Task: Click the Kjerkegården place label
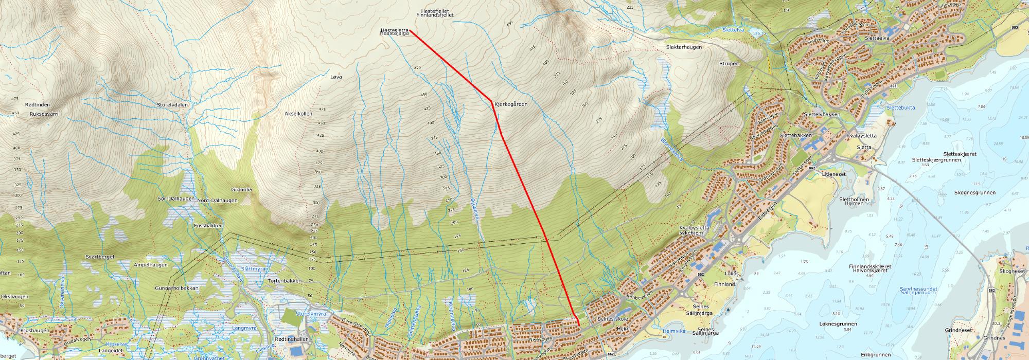(x=511, y=104)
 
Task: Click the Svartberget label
(x=100, y=256)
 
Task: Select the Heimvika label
(x=671, y=332)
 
